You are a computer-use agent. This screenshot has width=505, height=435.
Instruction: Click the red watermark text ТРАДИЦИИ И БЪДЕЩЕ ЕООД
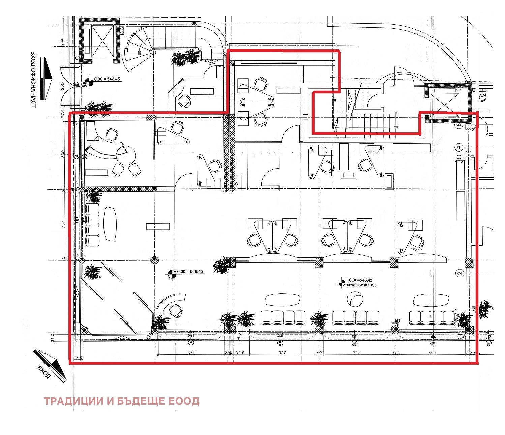121,401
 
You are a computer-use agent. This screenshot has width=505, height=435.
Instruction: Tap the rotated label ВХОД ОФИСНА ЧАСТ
33,79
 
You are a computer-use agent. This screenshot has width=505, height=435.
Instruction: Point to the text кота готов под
361,285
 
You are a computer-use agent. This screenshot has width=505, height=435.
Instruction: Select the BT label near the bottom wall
398,320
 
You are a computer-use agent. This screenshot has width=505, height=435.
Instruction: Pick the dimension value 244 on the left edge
62,42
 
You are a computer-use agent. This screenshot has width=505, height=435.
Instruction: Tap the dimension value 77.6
62,113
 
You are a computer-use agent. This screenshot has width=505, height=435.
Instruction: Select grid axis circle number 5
458,125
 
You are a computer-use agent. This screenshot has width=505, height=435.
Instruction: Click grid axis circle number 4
458,147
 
